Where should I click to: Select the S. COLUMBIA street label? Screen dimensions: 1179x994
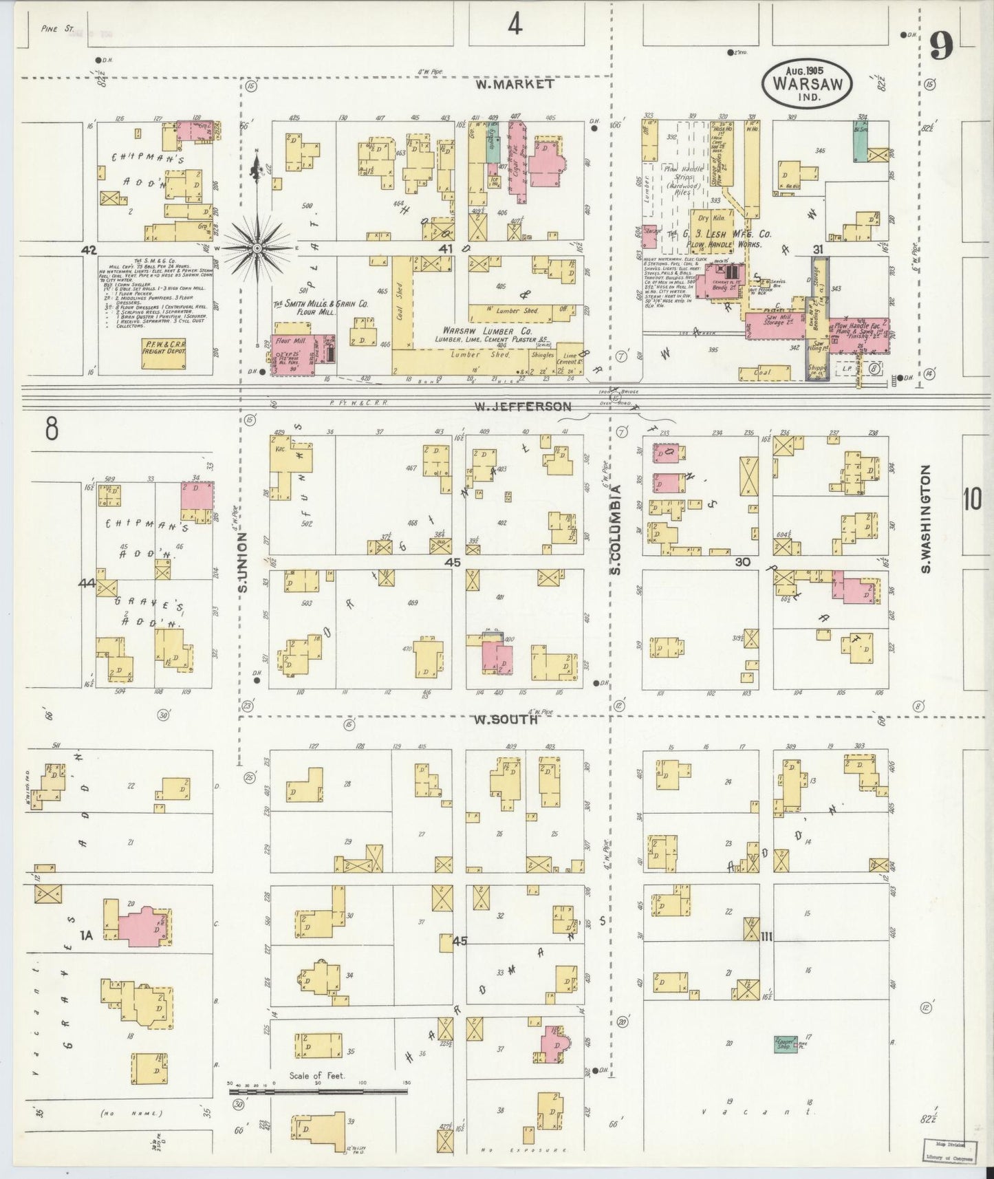617,530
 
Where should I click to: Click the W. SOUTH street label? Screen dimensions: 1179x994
506,720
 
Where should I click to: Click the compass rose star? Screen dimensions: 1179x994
257,247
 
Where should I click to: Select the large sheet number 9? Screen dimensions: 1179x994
941,47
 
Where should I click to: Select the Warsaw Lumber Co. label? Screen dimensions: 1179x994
480,329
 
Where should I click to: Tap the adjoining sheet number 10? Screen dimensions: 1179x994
971,500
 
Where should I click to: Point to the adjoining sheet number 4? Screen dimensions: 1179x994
515,25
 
